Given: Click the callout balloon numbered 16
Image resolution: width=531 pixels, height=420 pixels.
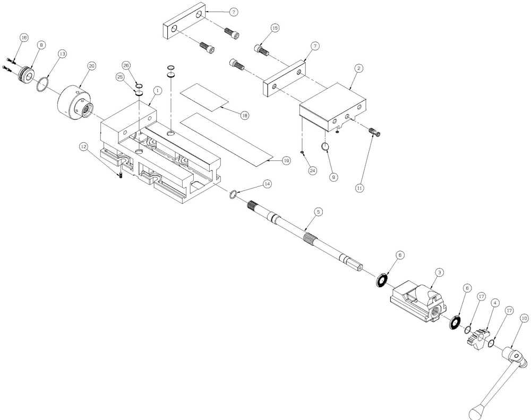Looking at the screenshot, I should (23, 38).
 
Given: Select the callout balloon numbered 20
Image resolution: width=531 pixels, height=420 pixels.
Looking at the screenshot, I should (92, 66).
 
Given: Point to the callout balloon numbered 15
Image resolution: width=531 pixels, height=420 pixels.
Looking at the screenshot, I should (275, 28).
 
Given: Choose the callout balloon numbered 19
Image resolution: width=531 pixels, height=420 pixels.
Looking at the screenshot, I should (286, 160).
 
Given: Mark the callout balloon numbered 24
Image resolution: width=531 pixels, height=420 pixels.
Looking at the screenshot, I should (312, 170).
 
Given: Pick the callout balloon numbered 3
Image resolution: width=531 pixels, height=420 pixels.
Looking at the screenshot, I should (439, 272).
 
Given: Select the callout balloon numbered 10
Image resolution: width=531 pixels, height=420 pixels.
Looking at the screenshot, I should (524, 319).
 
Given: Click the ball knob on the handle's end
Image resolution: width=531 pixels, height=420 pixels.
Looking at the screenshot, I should (476, 413).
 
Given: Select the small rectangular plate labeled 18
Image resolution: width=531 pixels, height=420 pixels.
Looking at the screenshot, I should (204, 98).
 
